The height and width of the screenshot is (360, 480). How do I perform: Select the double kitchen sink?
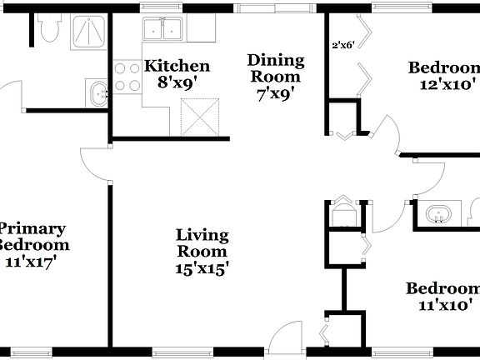pos(163,30)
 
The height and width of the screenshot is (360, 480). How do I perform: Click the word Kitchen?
pos(177,66)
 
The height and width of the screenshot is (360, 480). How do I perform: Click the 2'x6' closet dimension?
pos(344,45)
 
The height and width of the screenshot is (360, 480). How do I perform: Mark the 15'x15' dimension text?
pos(202,268)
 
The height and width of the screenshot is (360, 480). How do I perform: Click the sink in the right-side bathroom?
pos(438,215)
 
